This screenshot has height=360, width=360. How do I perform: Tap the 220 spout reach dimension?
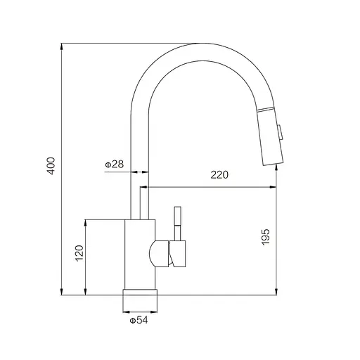219,176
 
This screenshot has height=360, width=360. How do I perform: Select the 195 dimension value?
265,239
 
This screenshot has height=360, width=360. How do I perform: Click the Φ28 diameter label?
114,165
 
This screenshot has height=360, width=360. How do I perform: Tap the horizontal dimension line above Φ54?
140,311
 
